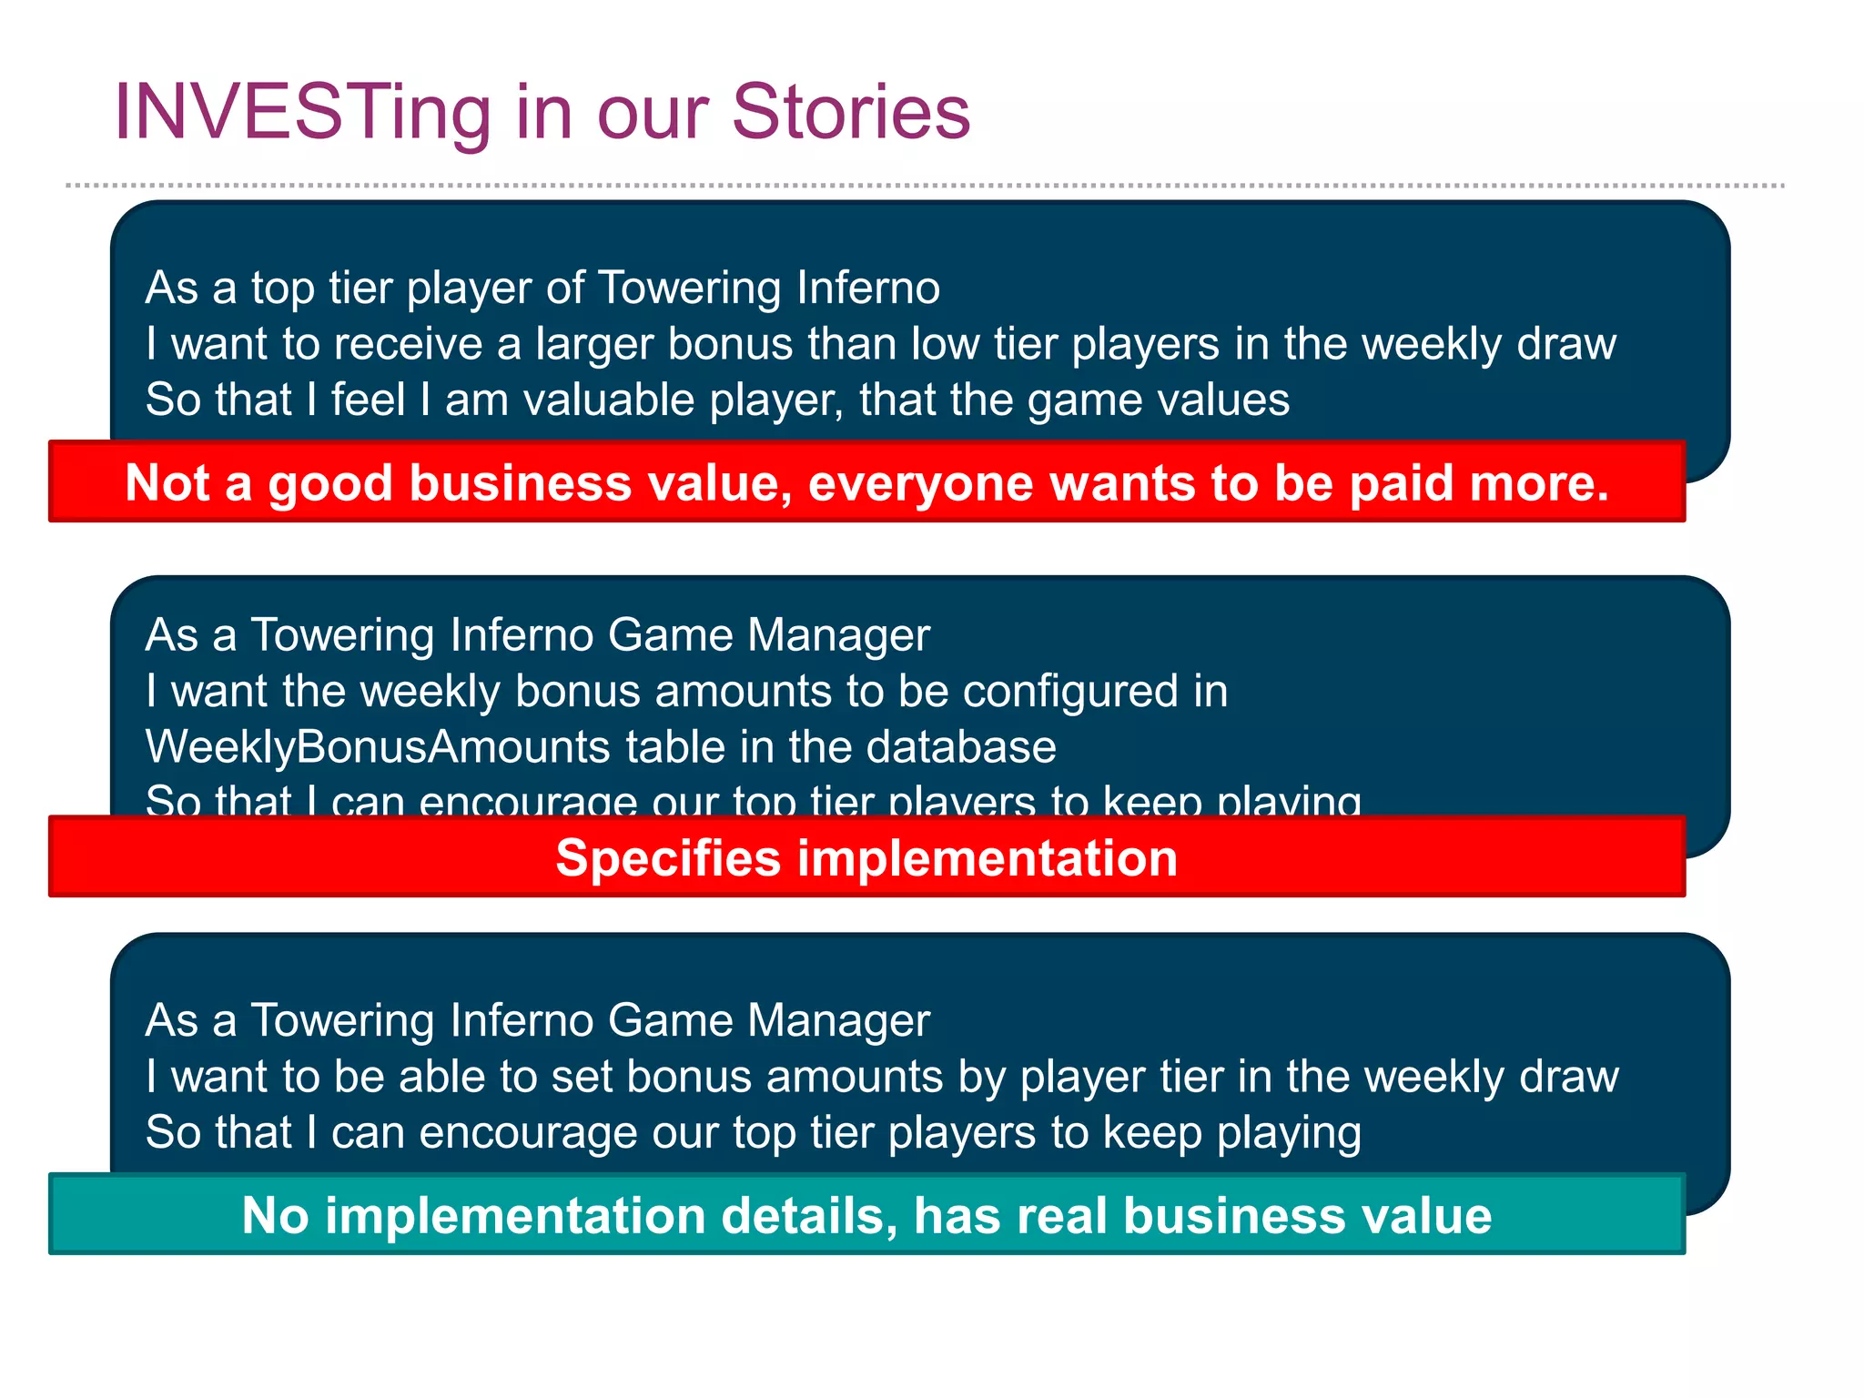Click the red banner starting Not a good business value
pyautogui.click(x=866, y=482)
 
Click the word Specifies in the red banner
pyautogui.click(x=667, y=858)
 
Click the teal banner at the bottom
pyautogui.click(x=866, y=1215)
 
